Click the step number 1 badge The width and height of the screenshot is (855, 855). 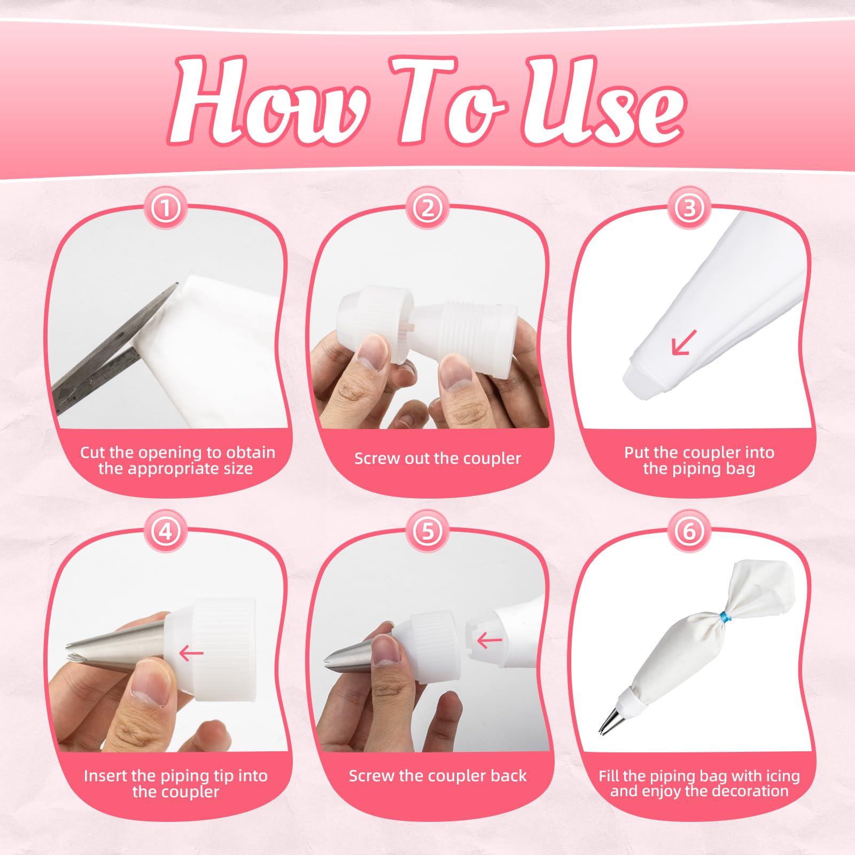tap(166, 207)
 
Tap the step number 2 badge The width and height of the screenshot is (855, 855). tap(428, 207)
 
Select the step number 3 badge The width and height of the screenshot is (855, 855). tap(689, 207)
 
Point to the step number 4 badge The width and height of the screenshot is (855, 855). tap(166, 531)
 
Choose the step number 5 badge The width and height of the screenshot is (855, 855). tap(428, 531)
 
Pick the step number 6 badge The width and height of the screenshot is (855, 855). tap(689, 531)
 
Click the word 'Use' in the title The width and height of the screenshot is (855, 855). tap(604, 100)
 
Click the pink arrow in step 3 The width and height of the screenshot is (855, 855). tap(684, 342)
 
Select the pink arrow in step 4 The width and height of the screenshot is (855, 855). tap(191, 652)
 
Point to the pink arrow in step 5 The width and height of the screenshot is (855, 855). tap(489, 640)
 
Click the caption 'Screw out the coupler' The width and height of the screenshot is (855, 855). tap(437, 458)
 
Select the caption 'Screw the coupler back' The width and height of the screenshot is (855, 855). tap(437, 776)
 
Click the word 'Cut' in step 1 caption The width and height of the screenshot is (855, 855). tap(92, 453)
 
